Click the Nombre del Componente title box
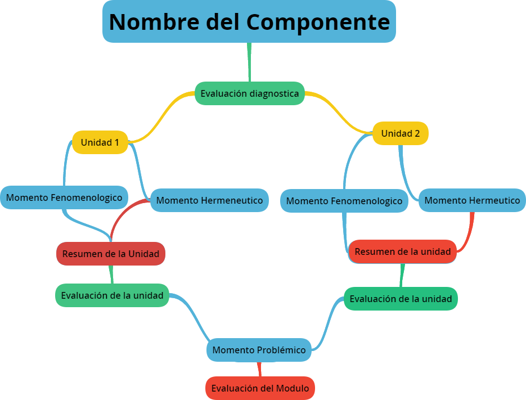tap(249, 21)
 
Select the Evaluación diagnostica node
tap(249, 93)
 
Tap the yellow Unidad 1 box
tap(100, 142)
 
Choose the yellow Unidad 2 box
tap(400, 134)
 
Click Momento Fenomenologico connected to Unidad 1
tap(64, 197)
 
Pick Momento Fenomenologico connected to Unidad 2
tap(344, 201)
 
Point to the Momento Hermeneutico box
tap(209, 200)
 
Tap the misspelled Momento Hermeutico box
tap(472, 200)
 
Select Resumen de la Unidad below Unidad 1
tap(110, 254)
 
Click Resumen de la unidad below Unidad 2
tap(402, 251)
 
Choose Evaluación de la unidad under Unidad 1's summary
tap(112, 295)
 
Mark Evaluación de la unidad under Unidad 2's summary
tap(401, 299)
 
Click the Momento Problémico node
tap(259, 350)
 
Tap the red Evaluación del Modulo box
tap(260, 388)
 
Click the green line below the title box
tap(249, 62)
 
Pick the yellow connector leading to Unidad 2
tap(340, 113)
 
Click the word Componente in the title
tap(318, 21)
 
